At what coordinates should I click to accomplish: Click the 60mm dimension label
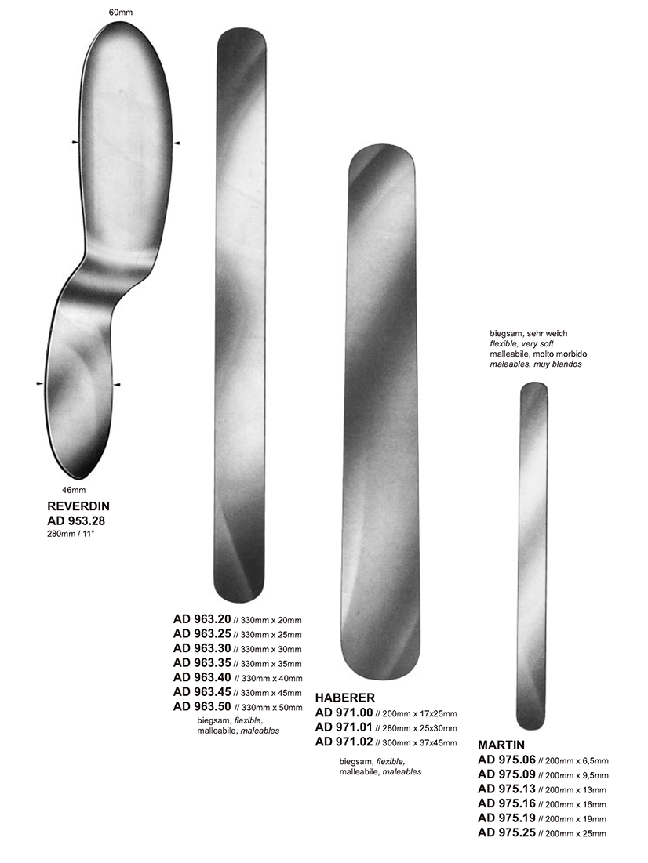121,12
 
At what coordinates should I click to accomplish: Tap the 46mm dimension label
73,490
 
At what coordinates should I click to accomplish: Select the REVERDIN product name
78,506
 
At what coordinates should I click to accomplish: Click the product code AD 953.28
76,520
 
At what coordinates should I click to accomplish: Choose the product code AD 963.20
202,618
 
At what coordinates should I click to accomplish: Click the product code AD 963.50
202,707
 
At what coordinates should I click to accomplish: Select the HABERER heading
345,698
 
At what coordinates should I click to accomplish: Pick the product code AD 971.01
344,727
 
